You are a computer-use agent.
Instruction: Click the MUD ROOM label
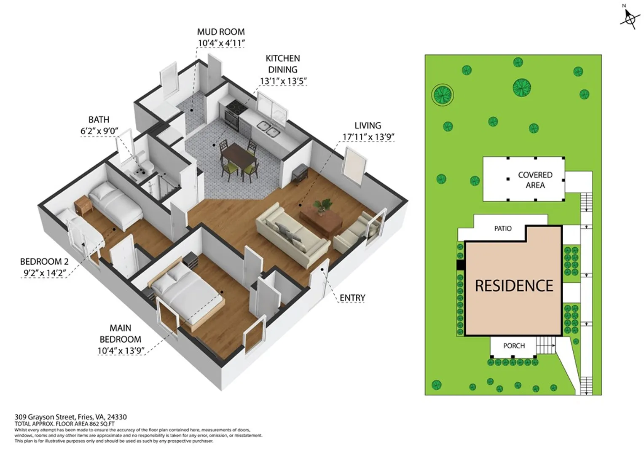click(x=221, y=32)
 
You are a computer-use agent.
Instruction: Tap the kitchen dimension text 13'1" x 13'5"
click(x=283, y=81)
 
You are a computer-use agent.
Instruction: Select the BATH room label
click(x=99, y=120)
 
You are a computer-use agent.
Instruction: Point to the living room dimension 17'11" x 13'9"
click(x=368, y=137)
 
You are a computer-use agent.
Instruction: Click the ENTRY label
click(x=352, y=298)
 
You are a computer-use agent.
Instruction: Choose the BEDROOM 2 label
click(x=45, y=262)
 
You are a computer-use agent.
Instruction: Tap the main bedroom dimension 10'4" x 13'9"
click(x=121, y=351)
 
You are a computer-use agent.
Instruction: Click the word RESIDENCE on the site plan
click(x=514, y=286)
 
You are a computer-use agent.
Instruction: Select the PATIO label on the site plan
click(x=503, y=228)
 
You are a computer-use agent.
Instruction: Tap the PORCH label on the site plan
click(x=514, y=346)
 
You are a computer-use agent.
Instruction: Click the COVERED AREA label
click(x=535, y=180)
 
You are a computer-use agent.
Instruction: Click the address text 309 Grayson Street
click(x=46, y=417)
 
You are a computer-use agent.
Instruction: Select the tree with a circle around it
click(x=443, y=94)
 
